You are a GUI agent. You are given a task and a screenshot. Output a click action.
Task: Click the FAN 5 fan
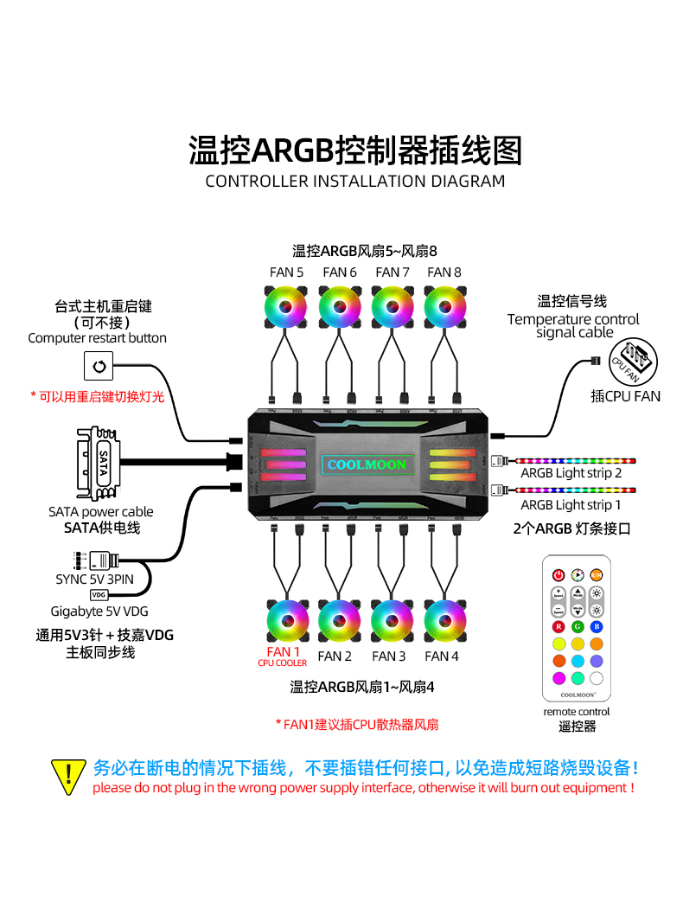tap(286, 309)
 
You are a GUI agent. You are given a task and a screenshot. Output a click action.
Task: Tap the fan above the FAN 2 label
tap(338, 620)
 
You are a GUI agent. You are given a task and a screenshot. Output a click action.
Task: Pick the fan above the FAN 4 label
tap(444, 620)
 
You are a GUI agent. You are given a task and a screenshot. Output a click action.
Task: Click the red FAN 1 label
tap(283, 652)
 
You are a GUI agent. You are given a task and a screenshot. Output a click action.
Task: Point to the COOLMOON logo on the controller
tap(367, 464)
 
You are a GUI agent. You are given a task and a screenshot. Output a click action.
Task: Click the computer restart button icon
tap(99, 367)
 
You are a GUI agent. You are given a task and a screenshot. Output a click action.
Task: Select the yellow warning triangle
tap(68, 776)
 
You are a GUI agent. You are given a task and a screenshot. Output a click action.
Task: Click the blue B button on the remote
tap(597, 626)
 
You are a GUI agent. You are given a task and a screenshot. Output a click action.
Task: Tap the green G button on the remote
tap(578, 626)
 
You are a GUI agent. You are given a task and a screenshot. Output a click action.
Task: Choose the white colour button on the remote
tap(597, 678)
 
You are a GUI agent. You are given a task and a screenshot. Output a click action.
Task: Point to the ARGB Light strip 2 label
tap(571, 473)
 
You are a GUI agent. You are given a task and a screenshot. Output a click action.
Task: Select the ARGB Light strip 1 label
tap(571, 504)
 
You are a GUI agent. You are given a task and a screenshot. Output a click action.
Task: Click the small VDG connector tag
tap(99, 594)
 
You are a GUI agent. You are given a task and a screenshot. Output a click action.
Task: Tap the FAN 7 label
tap(393, 272)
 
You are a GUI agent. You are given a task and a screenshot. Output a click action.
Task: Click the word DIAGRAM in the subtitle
tap(466, 182)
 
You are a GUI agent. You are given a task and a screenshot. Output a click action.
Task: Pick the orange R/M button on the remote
tap(597, 575)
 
